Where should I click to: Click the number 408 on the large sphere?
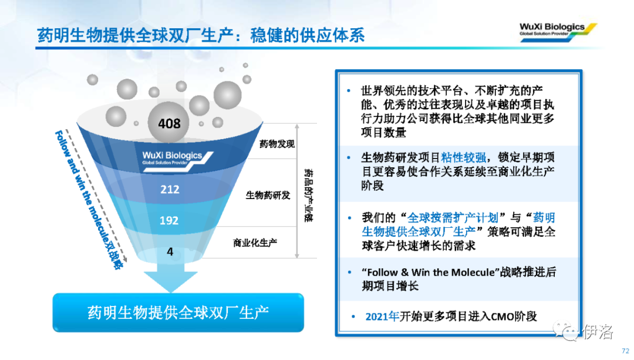[169, 123]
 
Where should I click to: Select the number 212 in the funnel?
[170, 189]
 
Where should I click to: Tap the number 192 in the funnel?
[169, 220]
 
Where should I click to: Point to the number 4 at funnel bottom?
[170, 251]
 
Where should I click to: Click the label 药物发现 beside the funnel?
[277, 144]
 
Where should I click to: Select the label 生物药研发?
[268, 196]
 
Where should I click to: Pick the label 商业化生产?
[255, 243]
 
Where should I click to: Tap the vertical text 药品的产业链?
[308, 196]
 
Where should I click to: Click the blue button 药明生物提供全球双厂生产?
[178, 312]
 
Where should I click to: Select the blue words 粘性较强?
[463, 157]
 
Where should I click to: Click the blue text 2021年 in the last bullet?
[382, 317]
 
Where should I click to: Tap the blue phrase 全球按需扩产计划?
[453, 218]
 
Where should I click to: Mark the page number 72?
[626, 351]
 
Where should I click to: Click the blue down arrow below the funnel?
[171, 277]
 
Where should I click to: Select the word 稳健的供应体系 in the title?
[307, 35]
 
